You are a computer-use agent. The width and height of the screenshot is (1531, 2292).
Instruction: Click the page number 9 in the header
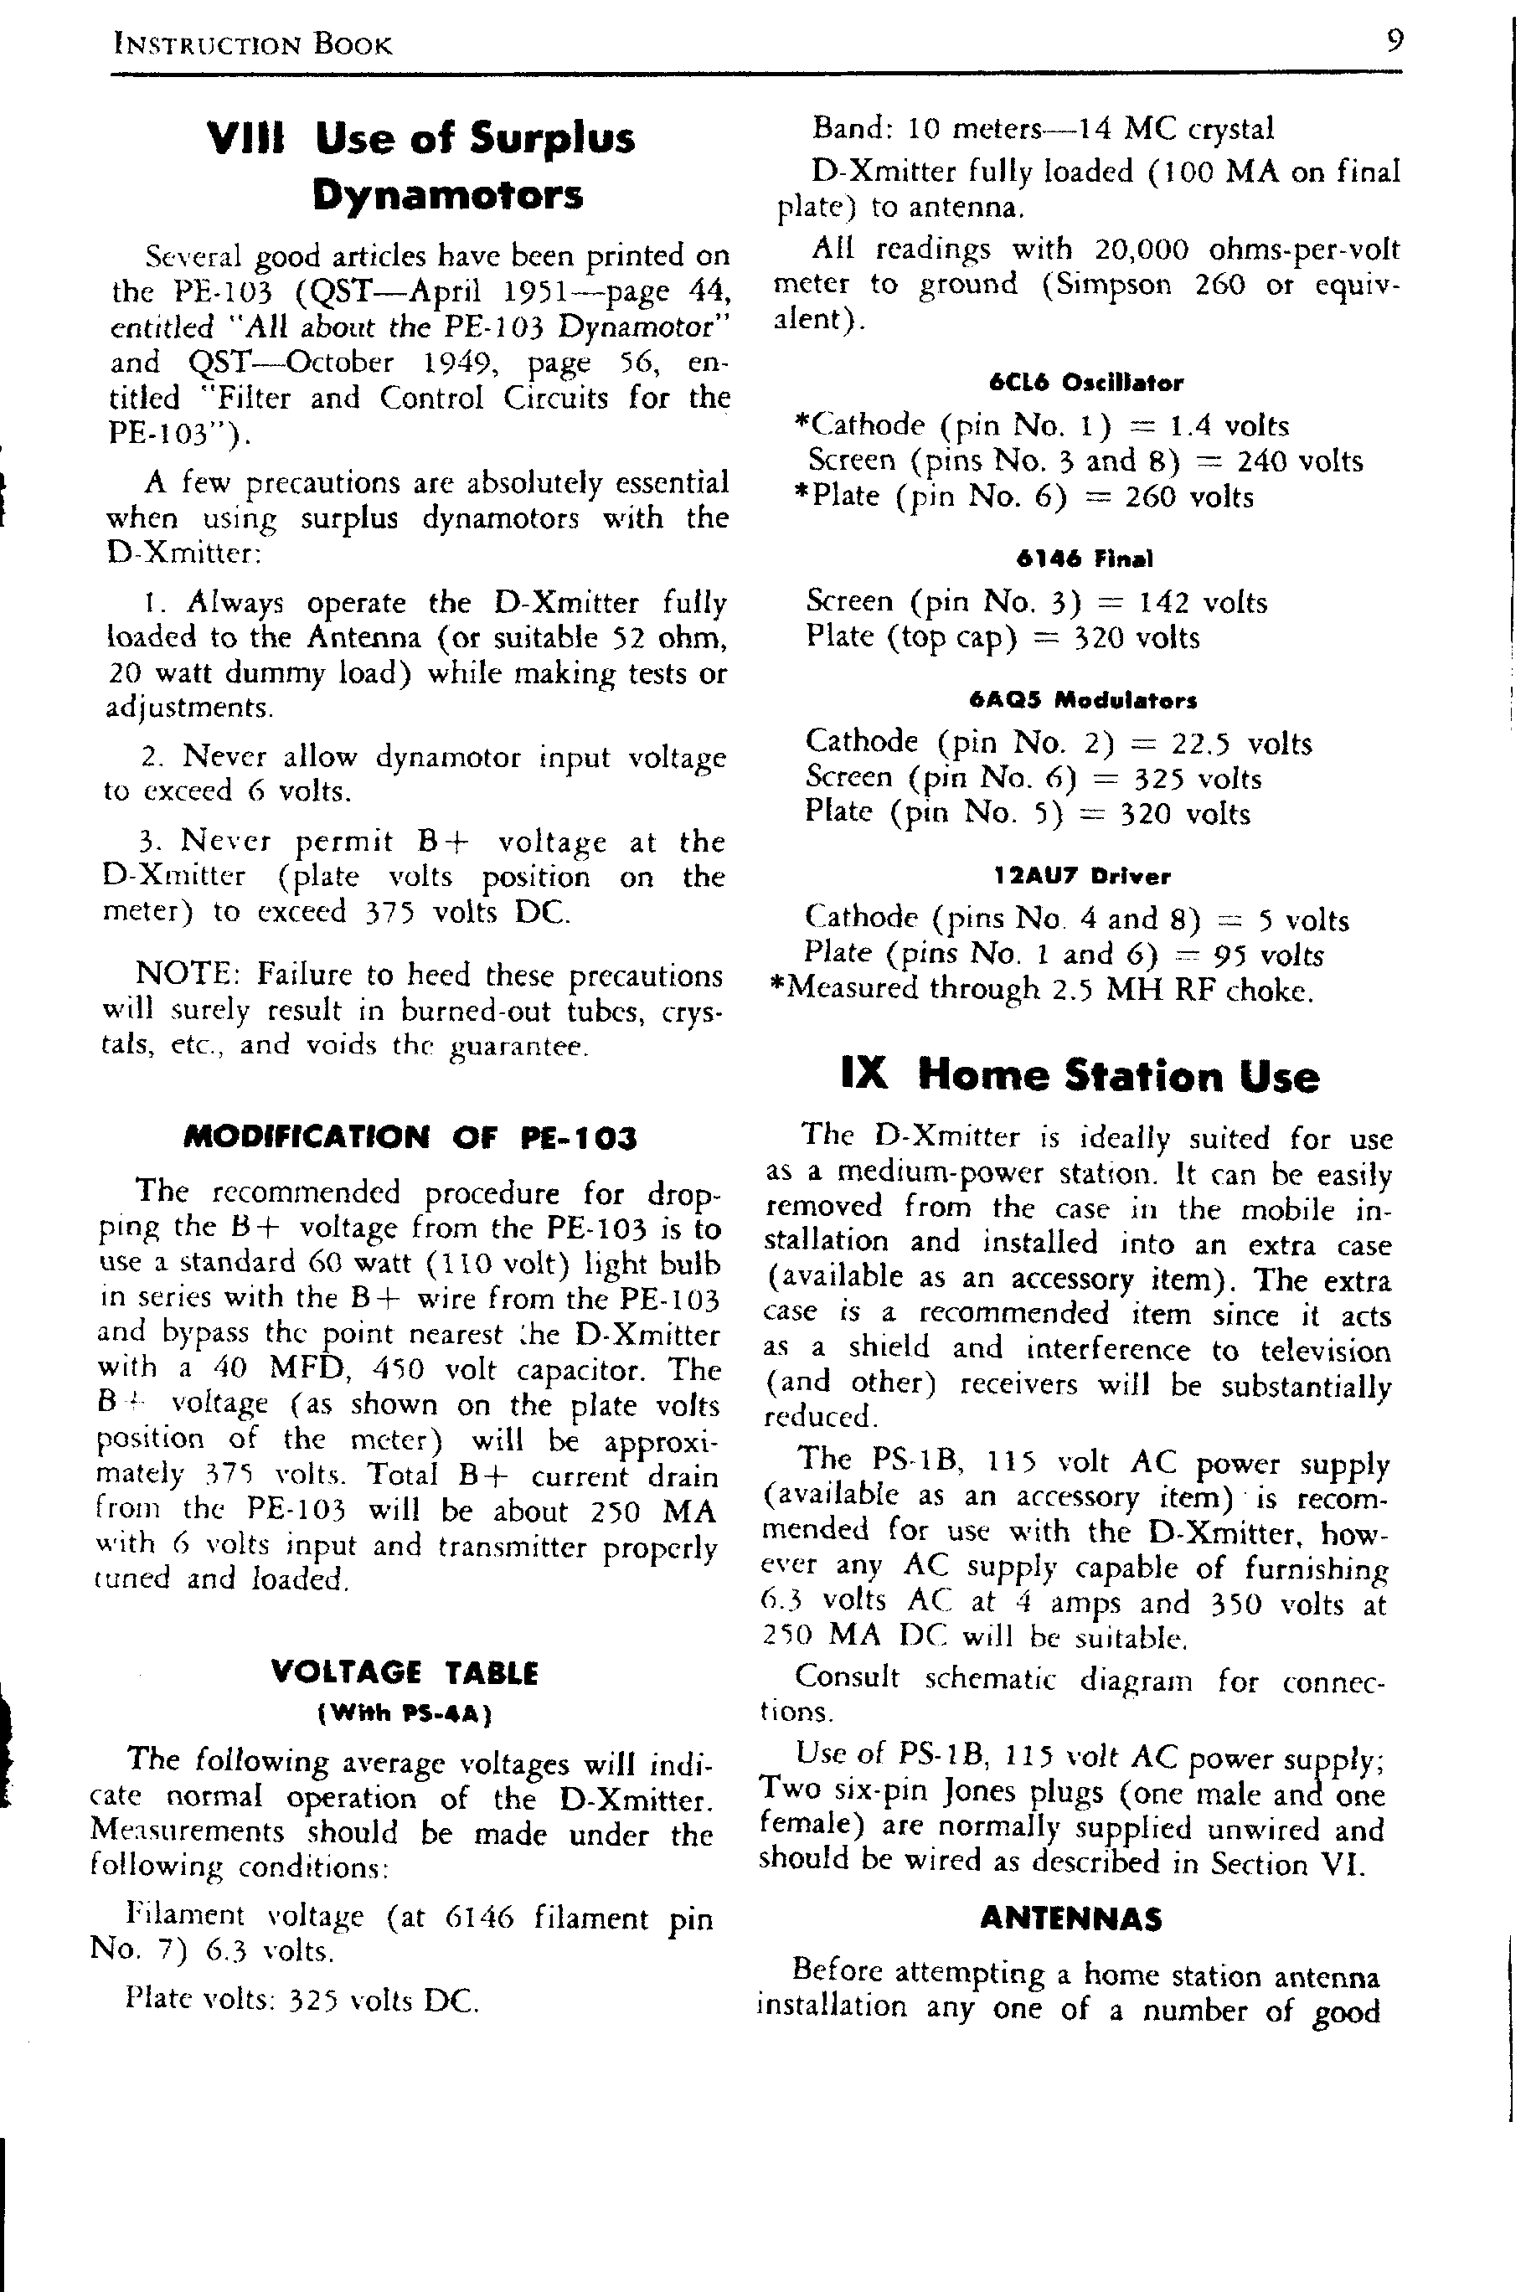click(x=1394, y=42)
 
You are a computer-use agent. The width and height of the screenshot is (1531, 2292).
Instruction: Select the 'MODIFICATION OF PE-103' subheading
click(x=410, y=1137)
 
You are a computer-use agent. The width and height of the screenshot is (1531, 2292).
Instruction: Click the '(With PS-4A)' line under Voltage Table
click(x=405, y=1713)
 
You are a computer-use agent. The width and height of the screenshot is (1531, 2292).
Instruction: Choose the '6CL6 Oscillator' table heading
click(x=1085, y=383)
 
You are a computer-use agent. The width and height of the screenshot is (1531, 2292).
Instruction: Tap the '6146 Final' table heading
click(x=1084, y=559)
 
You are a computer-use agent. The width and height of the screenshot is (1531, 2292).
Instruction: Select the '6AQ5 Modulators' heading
click(x=1083, y=700)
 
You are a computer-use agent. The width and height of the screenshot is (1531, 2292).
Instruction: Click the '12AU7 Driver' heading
click(x=1083, y=876)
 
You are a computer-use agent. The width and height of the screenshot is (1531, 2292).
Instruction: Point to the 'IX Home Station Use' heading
click(x=1080, y=1074)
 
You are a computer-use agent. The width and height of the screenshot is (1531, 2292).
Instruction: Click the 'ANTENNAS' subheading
click(x=1071, y=1919)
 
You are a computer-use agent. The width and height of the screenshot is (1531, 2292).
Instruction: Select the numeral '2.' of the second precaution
click(x=152, y=756)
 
